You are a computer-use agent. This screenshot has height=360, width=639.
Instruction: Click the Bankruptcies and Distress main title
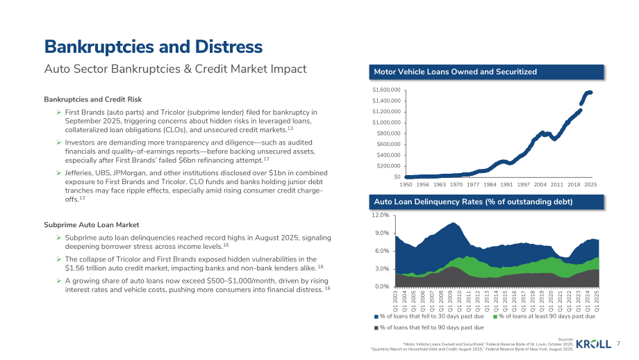[x=153, y=47]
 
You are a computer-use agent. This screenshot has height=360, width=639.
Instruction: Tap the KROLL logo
[x=594, y=344]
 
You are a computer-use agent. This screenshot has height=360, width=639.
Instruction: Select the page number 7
[x=618, y=344]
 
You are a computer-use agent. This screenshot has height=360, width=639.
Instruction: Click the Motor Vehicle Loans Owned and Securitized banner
[x=486, y=72]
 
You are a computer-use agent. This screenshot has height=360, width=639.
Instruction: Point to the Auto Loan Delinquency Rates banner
[x=486, y=202]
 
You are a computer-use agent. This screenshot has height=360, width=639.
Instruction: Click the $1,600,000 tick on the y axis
[x=386, y=90]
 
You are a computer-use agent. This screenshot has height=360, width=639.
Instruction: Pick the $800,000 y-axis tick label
[x=388, y=133]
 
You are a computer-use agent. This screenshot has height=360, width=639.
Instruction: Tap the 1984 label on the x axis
[x=490, y=185]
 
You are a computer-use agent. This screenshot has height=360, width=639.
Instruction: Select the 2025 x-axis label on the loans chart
[x=590, y=185]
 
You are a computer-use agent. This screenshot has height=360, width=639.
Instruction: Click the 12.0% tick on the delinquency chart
[x=380, y=215]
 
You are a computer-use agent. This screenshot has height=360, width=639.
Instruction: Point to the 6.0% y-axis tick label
[x=382, y=251]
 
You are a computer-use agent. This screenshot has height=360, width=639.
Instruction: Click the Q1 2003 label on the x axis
[x=395, y=301]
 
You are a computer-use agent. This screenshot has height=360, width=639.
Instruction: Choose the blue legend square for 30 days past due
[x=376, y=317]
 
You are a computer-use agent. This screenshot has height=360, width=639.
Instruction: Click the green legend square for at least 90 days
[x=495, y=317]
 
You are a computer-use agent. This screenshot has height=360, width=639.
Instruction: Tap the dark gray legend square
[x=376, y=328]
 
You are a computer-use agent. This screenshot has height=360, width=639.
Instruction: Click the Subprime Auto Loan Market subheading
[x=91, y=225]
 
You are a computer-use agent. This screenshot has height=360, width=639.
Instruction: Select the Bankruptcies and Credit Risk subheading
[x=93, y=99]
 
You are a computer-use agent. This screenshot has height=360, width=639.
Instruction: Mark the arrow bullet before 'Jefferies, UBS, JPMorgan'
[x=59, y=173]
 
